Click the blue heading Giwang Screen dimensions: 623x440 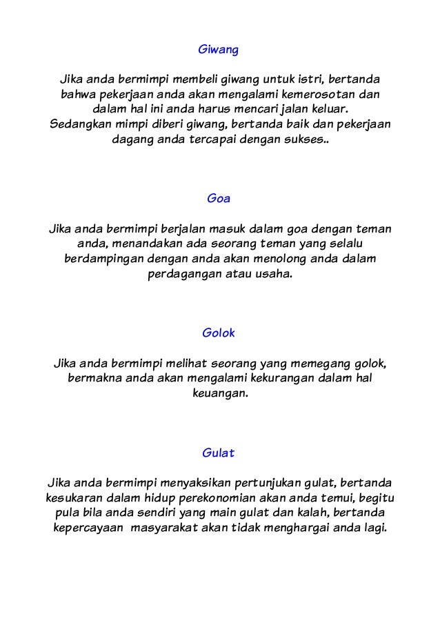pyautogui.click(x=219, y=50)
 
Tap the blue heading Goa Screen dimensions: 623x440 pyautogui.click(x=219, y=199)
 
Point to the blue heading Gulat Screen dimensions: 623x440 pyautogui.click(x=219, y=453)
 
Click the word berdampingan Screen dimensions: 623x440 pyautogui.click(x=106, y=259)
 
